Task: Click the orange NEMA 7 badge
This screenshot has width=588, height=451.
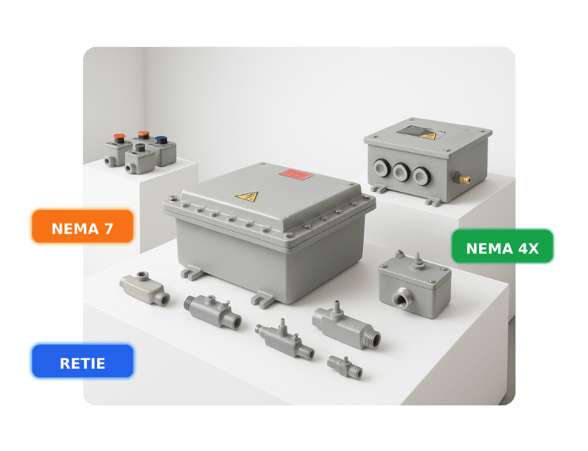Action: pyautogui.click(x=82, y=228)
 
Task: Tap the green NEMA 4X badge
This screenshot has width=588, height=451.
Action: pyautogui.click(x=503, y=248)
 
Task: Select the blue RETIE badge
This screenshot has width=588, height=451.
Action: pyautogui.click(x=82, y=363)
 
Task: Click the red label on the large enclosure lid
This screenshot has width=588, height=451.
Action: pyautogui.click(x=295, y=174)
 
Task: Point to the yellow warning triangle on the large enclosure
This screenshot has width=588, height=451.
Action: pyautogui.click(x=246, y=196)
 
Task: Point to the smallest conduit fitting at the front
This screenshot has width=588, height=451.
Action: pyautogui.click(x=344, y=364)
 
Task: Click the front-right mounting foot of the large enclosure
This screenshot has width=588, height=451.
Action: pyautogui.click(x=262, y=298)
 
